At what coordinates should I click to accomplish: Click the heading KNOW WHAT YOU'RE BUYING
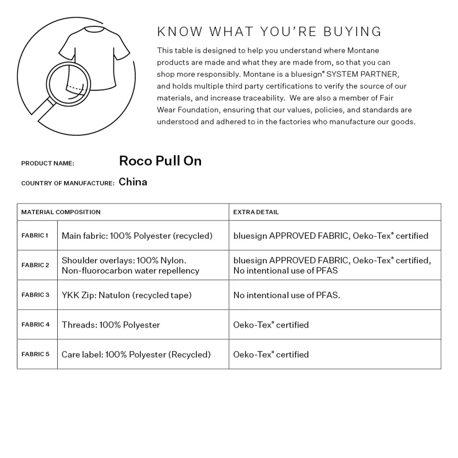click(x=269, y=31)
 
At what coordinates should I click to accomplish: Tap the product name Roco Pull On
click(x=160, y=161)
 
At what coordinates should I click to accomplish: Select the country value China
click(x=133, y=182)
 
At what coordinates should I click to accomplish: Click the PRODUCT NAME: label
click(x=48, y=164)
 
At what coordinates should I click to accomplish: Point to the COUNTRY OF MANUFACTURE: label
click(x=68, y=183)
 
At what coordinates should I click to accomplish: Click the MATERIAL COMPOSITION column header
click(x=61, y=212)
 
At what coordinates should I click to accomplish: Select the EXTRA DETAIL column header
click(x=256, y=212)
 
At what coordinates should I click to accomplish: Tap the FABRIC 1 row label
click(x=35, y=235)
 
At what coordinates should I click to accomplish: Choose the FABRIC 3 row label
click(x=35, y=295)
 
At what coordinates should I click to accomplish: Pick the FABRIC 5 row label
click(x=35, y=354)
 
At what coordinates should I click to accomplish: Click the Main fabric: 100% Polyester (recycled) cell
click(x=137, y=236)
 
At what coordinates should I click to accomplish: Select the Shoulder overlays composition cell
click(x=131, y=265)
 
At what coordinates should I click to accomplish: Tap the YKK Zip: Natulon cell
click(x=127, y=295)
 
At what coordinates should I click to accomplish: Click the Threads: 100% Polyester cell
click(x=111, y=325)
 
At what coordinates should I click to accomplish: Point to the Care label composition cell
click(x=136, y=354)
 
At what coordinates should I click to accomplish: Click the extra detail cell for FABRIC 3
click(x=287, y=295)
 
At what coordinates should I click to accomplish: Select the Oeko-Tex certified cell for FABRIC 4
click(x=271, y=325)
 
